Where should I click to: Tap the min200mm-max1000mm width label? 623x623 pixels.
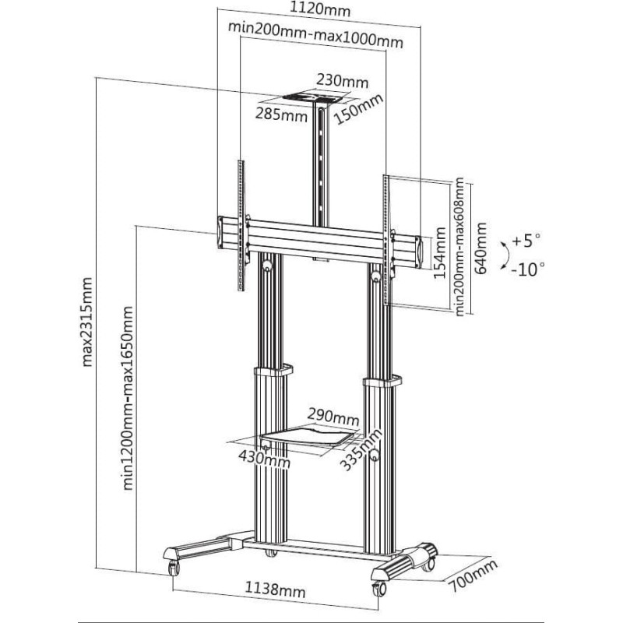pyautogui.click(x=315, y=34)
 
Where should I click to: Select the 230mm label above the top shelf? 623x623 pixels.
pyautogui.click(x=343, y=82)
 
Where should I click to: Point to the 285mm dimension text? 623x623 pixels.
pyautogui.click(x=281, y=114)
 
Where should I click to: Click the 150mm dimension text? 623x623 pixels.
pyautogui.click(x=358, y=109)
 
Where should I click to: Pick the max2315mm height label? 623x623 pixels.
pyautogui.click(x=86, y=322)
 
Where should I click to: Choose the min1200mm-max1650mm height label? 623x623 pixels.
pyautogui.click(x=128, y=398)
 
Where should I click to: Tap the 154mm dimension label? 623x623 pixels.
pyautogui.click(x=439, y=252)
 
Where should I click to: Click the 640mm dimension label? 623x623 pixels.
pyautogui.click(x=480, y=248)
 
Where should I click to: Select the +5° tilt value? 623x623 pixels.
pyautogui.click(x=526, y=241)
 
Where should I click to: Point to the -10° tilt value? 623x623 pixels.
pyautogui.click(x=528, y=269)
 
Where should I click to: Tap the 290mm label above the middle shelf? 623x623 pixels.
pyautogui.click(x=333, y=417)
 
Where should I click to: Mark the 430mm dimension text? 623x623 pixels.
pyautogui.click(x=264, y=459)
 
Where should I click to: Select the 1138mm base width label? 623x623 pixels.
pyautogui.click(x=275, y=590)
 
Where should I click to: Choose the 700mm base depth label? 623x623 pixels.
pyautogui.click(x=473, y=575)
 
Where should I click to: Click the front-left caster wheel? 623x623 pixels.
pyautogui.click(x=173, y=568)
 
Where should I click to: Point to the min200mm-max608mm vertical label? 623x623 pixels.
pyautogui.click(x=459, y=247)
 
